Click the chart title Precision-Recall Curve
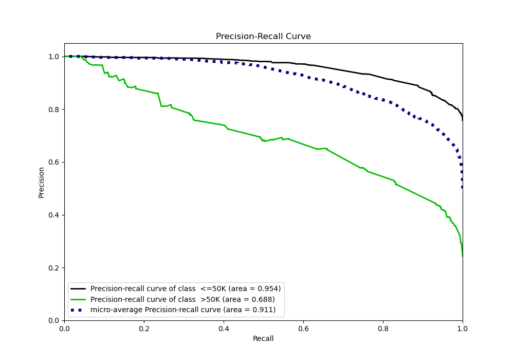coord(263,37)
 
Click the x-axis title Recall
coord(263,339)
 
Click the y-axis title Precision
coord(41,182)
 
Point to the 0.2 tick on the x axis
coord(144,328)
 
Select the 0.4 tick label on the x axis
coord(224,328)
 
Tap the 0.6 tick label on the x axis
coord(303,328)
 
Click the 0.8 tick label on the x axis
coord(383,328)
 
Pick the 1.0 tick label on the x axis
coord(463,328)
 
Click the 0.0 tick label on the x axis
coord(64,328)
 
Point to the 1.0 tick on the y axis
coord(54,57)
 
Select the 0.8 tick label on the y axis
coord(54,110)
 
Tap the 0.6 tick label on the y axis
coord(54,162)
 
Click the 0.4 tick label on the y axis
coord(54,215)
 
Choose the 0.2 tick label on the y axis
coord(54,268)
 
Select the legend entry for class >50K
coord(182,299)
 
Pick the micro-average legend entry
coord(183,310)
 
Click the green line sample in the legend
coord(79,299)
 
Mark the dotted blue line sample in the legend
coord(79,310)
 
